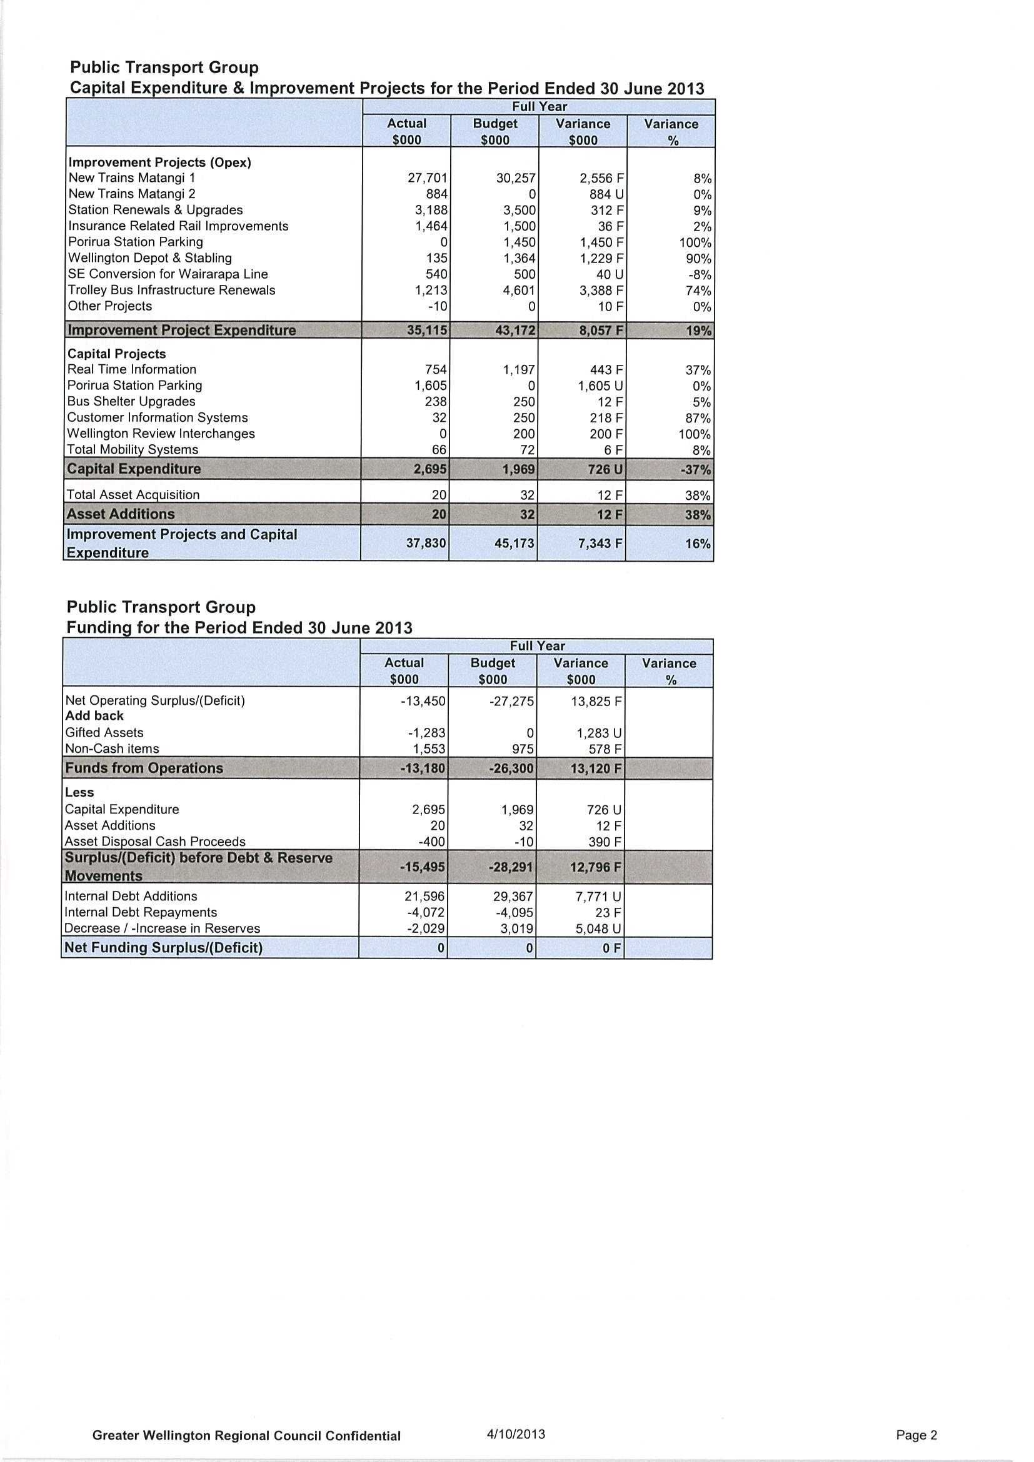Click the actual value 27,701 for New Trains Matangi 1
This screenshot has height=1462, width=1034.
coord(428,178)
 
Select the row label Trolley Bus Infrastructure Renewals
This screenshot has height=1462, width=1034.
coord(171,291)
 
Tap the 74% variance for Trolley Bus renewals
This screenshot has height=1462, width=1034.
coord(698,291)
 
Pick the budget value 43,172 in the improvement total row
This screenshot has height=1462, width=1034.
coord(515,331)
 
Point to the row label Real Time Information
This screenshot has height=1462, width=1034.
coord(132,369)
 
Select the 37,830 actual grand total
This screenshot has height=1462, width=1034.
coord(426,543)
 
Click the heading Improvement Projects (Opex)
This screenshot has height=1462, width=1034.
coord(159,162)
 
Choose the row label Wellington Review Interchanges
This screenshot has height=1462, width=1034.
coord(161,434)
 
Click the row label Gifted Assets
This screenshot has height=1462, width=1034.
coord(104,733)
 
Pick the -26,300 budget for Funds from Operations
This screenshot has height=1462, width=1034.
coord(511,768)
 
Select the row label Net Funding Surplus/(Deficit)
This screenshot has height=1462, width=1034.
coord(163,948)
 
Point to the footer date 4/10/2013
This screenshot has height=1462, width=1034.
coord(515,1435)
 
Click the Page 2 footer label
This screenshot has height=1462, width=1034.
coord(916,1435)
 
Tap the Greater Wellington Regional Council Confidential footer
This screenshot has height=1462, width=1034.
coord(246,1436)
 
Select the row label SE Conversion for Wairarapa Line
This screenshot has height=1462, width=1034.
coord(168,274)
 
